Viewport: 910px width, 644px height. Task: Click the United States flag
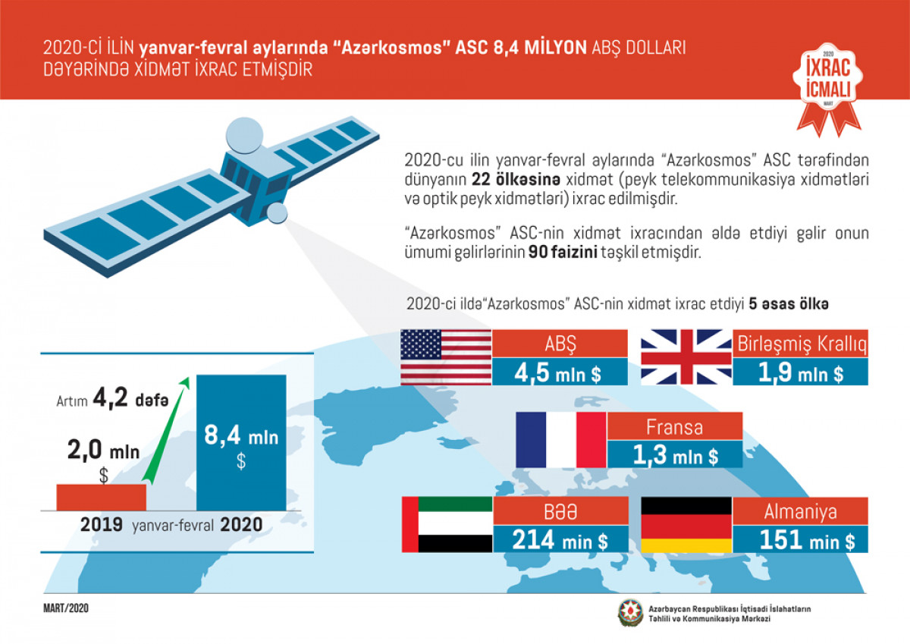[446, 357]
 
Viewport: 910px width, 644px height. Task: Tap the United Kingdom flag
[686, 357]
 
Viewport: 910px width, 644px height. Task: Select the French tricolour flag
[561, 440]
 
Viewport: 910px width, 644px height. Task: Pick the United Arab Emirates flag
[446, 524]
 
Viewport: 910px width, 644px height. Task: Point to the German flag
[686, 524]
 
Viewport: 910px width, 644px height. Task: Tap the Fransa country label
[674, 427]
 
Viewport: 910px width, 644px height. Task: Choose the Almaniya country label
[801, 511]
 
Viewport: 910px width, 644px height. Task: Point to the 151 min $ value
[801, 539]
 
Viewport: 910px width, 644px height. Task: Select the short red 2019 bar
[101, 497]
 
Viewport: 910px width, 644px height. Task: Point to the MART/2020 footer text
[66, 608]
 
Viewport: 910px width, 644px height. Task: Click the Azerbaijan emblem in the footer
[629, 614]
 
